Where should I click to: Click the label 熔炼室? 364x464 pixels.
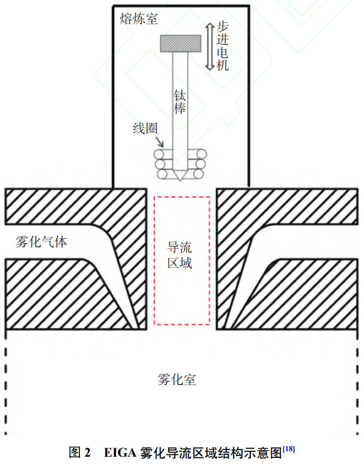138,19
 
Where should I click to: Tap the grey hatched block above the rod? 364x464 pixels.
181,44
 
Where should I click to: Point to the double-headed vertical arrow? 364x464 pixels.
210,47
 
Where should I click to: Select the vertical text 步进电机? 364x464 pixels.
222,47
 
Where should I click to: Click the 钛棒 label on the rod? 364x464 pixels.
180,102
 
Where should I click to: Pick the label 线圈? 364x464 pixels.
145,129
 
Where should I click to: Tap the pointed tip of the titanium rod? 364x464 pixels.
180,181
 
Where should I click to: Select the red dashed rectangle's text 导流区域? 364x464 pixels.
180,255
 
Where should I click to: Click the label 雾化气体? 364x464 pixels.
41,242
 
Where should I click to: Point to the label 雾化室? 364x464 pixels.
177,380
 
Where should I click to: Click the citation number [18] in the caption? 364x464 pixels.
289,449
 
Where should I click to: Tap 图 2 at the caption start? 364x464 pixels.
79,452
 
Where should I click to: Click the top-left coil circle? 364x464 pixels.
158,154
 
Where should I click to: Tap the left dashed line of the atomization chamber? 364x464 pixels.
5,382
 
